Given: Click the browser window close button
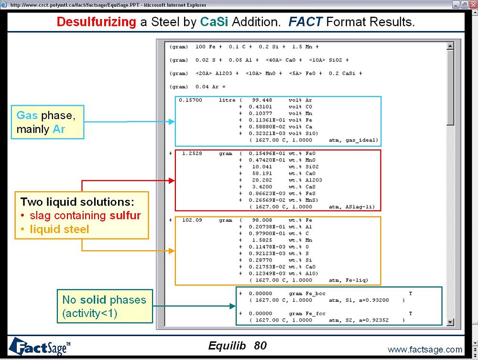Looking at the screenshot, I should (x=472, y=4).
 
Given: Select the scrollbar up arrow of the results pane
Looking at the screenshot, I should (x=450, y=46).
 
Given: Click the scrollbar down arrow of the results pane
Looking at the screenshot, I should (x=450, y=323).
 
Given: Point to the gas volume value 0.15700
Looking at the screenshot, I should (x=191, y=100).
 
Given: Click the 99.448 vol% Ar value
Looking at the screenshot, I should (x=262, y=100).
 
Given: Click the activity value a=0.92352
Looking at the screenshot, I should (x=383, y=320).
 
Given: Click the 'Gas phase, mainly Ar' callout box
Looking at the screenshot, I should (x=47, y=122).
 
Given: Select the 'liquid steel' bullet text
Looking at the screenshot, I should (x=59, y=229).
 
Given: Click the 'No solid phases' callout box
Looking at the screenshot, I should (x=105, y=306).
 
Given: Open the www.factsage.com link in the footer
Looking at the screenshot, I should (x=425, y=349).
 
